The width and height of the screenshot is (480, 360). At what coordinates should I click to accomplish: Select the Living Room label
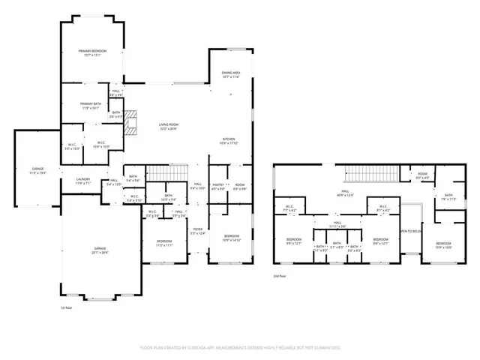click(x=168, y=127)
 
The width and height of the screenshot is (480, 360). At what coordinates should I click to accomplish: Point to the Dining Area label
click(x=230, y=74)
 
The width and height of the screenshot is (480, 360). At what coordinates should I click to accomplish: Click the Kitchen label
click(x=228, y=141)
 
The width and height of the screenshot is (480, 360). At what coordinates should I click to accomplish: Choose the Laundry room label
click(x=82, y=181)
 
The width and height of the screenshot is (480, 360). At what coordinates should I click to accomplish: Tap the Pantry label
click(x=218, y=185)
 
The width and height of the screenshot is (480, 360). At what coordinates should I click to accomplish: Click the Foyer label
click(x=197, y=232)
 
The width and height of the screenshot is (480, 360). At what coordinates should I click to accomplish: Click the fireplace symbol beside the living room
click(x=131, y=123)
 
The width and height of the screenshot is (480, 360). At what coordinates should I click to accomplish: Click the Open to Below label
click(x=411, y=232)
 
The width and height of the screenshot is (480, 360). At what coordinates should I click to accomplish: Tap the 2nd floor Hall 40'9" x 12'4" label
click(x=345, y=193)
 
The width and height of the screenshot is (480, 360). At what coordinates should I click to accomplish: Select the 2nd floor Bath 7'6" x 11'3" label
click(x=449, y=196)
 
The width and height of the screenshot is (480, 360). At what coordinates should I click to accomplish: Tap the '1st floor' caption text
click(x=67, y=307)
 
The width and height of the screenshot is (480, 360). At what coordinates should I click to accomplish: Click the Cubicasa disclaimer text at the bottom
click(x=240, y=348)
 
